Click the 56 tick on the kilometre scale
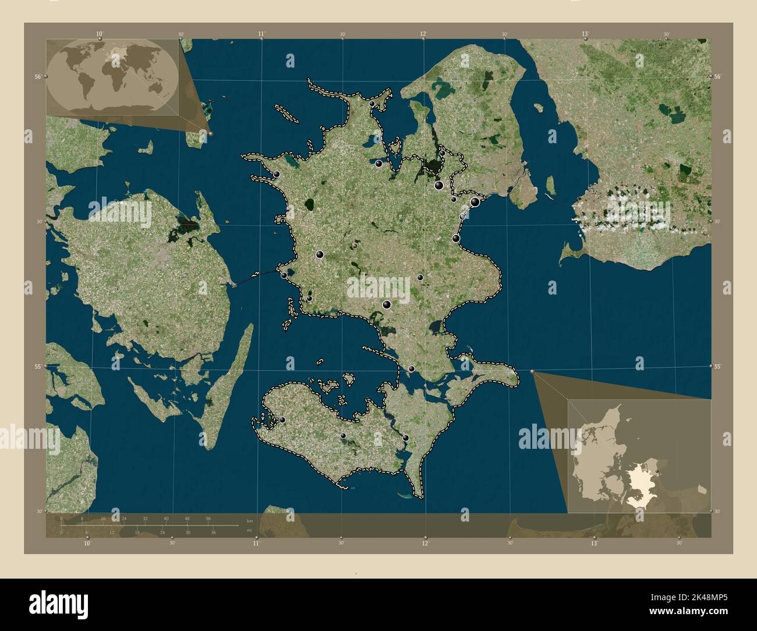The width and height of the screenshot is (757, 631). [208, 518]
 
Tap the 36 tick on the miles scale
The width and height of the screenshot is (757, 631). [214, 533]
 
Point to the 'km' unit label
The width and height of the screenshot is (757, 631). [250, 520]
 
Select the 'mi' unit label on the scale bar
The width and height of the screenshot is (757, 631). [249, 530]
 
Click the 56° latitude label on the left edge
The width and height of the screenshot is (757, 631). [38, 77]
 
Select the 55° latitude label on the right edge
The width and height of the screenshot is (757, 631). [717, 366]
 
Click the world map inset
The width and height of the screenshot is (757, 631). [112, 76]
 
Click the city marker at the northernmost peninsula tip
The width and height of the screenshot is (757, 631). [372, 104]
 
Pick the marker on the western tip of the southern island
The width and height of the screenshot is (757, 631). [282, 420]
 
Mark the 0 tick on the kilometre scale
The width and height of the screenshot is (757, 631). [61, 518]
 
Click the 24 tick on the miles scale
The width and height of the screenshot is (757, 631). [163, 533]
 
